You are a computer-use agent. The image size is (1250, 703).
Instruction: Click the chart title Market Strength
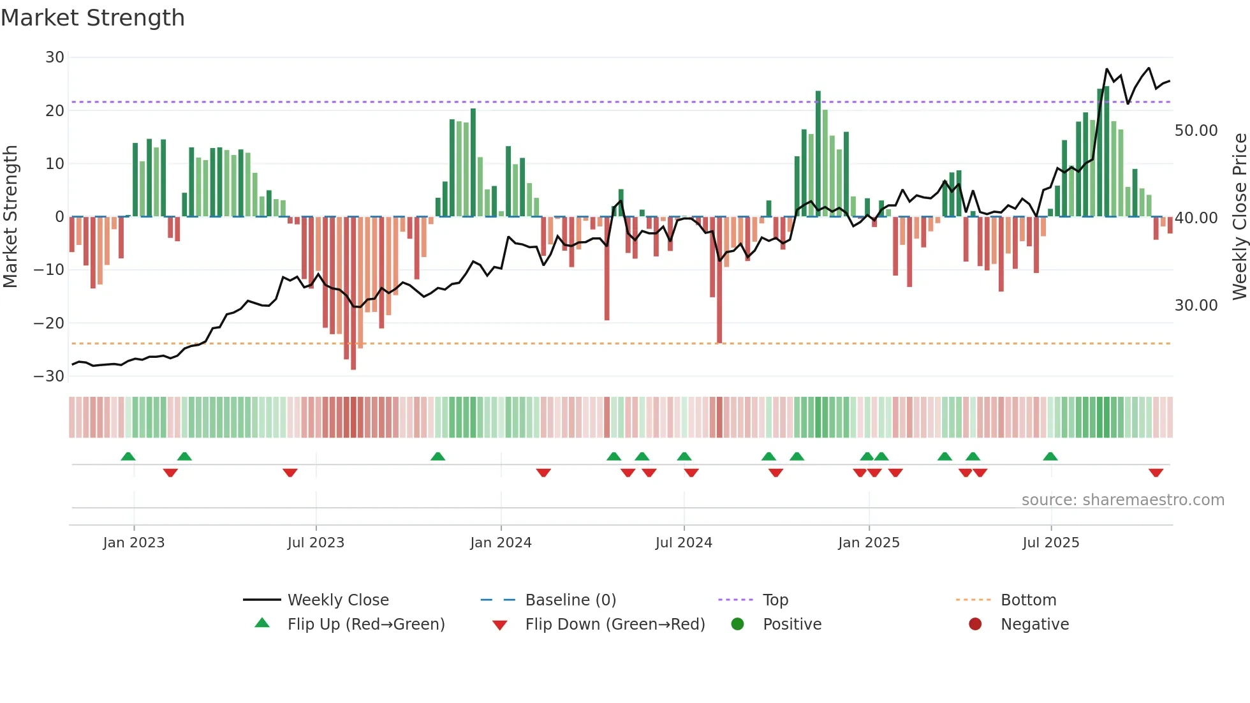(92, 18)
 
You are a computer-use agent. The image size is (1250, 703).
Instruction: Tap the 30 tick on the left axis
(55, 57)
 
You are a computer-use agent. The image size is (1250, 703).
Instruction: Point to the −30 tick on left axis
(49, 376)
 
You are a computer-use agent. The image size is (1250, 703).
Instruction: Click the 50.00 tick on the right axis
(1196, 131)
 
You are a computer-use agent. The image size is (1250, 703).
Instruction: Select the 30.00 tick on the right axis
(1196, 306)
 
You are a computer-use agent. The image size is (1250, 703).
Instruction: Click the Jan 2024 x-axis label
(501, 543)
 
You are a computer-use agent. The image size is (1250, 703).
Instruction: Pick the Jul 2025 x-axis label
(1050, 543)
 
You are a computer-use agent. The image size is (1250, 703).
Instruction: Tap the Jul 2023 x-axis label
(316, 543)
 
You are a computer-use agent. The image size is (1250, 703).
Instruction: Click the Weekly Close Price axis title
(1239, 217)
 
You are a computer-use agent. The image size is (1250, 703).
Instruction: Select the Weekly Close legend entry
(337, 600)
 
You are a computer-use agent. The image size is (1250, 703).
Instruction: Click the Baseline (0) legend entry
(570, 600)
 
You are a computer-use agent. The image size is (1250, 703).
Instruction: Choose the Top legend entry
(776, 600)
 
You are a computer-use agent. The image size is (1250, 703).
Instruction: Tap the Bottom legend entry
(1028, 600)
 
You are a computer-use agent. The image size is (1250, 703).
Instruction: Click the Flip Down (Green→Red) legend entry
(614, 625)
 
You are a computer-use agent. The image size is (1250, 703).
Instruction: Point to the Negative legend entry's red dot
(974, 625)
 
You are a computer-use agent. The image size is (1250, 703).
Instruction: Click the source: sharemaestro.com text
(1122, 500)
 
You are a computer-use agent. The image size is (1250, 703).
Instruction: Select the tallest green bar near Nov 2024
(818, 153)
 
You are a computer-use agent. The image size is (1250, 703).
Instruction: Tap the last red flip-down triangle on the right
(1156, 473)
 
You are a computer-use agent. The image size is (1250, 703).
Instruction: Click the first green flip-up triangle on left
(128, 456)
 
